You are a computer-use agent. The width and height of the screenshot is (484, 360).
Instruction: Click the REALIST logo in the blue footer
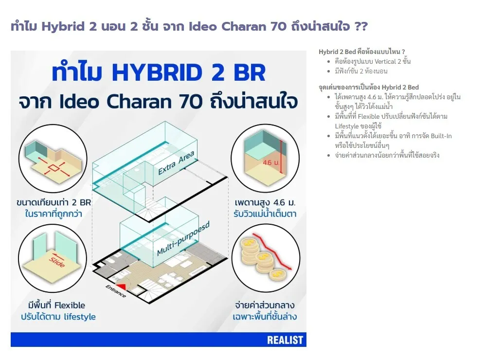pyautogui.click(x=285, y=340)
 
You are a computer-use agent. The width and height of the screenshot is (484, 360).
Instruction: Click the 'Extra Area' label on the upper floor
pyautogui.click(x=176, y=162)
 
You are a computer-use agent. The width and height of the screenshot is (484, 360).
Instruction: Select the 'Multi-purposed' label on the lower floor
pyautogui.click(x=183, y=239)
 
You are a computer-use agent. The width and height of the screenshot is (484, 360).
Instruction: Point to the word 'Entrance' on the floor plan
pyautogui.click(x=116, y=291)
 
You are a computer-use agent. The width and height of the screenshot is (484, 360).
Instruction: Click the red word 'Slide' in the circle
pyautogui.click(x=57, y=262)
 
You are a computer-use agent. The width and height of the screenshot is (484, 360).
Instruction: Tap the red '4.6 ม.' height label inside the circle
pyautogui.click(x=271, y=162)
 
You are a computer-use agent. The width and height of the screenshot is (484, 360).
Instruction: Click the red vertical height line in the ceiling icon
pyautogui.click(x=281, y=157)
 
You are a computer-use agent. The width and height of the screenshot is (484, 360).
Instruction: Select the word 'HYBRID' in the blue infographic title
pyautogui.click(x=158, y=72)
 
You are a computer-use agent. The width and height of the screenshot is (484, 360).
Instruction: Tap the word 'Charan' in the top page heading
pyautogui.click(x=244, y=27)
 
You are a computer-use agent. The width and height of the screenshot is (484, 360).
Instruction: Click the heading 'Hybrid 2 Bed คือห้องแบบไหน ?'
pyautogui.click(x=362, y=52)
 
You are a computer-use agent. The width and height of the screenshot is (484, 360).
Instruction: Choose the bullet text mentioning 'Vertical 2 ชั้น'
pyautogui.click(x=373, y=61)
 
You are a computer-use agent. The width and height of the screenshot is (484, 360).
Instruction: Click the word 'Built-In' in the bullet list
pyautogui.click(x=441, y=136)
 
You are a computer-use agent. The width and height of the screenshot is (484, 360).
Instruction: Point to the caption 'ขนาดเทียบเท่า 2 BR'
pyautogui.click(x=54, y=202)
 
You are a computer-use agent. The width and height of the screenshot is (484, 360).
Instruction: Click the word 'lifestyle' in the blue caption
pyautogui.click(x=80, y=317)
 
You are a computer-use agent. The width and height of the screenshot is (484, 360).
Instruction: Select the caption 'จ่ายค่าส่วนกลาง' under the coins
pyautogui.click(x=265, y=306)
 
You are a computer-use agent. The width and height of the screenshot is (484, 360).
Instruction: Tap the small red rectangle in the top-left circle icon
pyautogui.click(x=54, y=168)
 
